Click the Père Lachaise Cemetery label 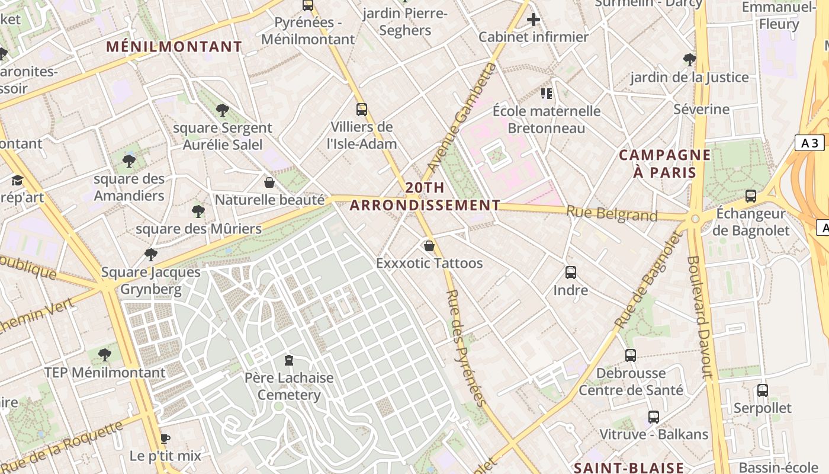[x=289, y=386]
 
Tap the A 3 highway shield [x=809, y=143]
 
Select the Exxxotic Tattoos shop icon [x=429, y=245]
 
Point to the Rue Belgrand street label [x=612, y=213]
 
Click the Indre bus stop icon [x=571, y=273]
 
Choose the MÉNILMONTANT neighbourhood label [x=174, y=47]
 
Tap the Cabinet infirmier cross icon [x=534, y=20]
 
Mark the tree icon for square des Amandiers [x=128, y=161]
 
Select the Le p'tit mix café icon [x=165, y=438]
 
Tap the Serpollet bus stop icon [x=763, y=390]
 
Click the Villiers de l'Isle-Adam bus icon [x=362, y=110]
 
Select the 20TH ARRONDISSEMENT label [x=425, y=197]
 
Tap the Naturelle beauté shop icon [x=269, y=182]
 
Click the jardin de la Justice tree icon [x=689, y=59]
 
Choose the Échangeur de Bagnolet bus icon [x=751, y=196]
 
